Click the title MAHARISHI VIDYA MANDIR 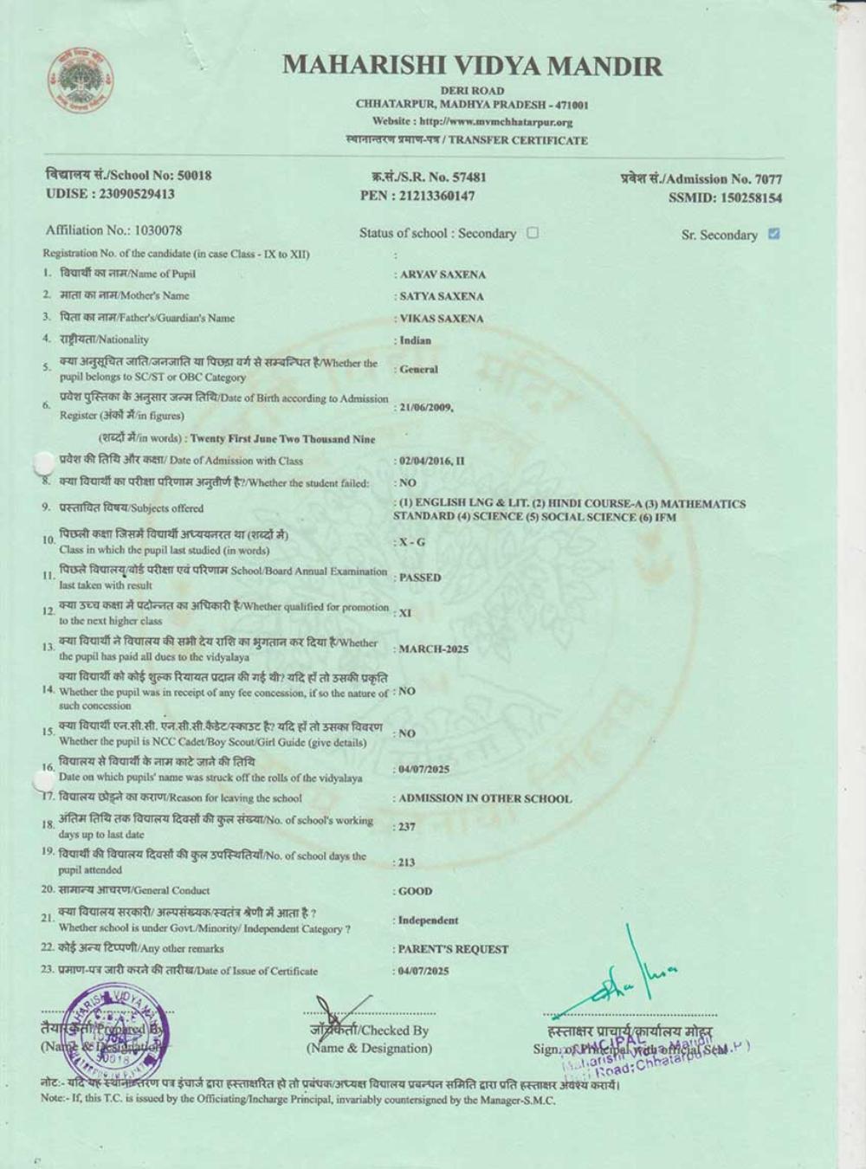click(472, 66)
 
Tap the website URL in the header click(472, 122)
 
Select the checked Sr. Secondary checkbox click(774, 233)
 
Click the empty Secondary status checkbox click(533, 232)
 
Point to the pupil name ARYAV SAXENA click(443, 274)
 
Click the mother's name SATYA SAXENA click(442, 296)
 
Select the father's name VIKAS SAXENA click(442, 319)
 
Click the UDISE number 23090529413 click(110, 194)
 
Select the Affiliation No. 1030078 click(113, 230)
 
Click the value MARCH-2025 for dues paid click(433, 649)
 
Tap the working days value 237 click(406, 827)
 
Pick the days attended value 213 click(406, 862)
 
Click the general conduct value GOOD click(415, 891)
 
